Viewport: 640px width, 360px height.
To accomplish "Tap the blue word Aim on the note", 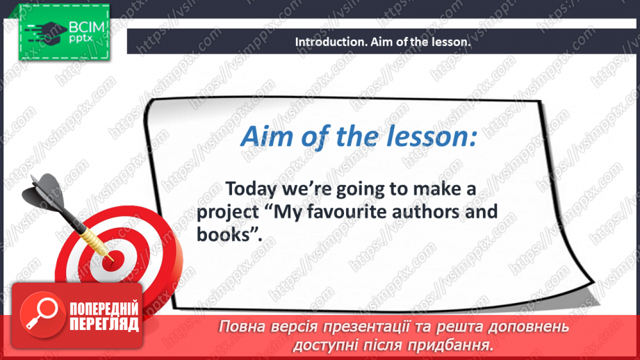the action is click(265, 136).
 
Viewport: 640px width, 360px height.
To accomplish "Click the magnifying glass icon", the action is click(42, 314).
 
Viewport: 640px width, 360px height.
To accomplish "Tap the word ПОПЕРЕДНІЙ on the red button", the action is click(104, 309).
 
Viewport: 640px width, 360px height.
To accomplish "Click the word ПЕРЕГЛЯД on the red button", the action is click(104, 324).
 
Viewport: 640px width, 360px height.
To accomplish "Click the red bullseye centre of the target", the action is click(110, 260).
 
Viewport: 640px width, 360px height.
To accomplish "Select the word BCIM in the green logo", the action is click(87, 27).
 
